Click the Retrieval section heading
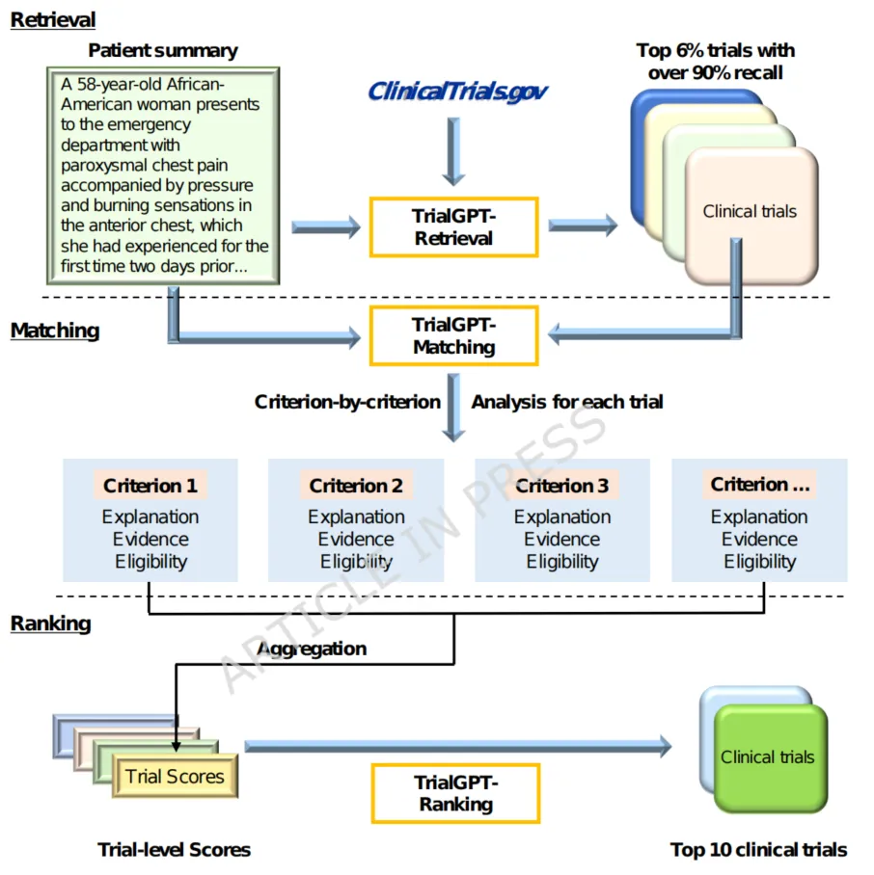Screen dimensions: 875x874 coord(53,19)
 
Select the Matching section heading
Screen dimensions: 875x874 coord(55,331)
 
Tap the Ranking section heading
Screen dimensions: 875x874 coord(50,623)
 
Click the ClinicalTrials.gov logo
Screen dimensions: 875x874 coord(458,91)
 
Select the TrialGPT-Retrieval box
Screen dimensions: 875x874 coord(453,226)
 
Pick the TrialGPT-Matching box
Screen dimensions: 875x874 coord(453,335)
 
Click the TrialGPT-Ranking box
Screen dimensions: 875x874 coord(454,792)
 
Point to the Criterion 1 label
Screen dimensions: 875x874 coord(150,486)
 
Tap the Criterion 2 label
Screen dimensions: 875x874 coord(356,486)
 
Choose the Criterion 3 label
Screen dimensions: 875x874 coord(562,486)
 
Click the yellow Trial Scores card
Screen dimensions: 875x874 coord(175,777)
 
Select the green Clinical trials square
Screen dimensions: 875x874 coord(768,757)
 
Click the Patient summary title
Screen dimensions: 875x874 coord(163,50)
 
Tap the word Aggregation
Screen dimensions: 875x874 coord(312,649)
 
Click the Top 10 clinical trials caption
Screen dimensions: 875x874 coord(759,850)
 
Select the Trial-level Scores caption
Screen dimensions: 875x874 coord(175,850)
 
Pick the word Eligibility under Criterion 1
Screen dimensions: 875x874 coord(150,562)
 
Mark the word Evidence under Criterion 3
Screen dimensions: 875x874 coord(562,540)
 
